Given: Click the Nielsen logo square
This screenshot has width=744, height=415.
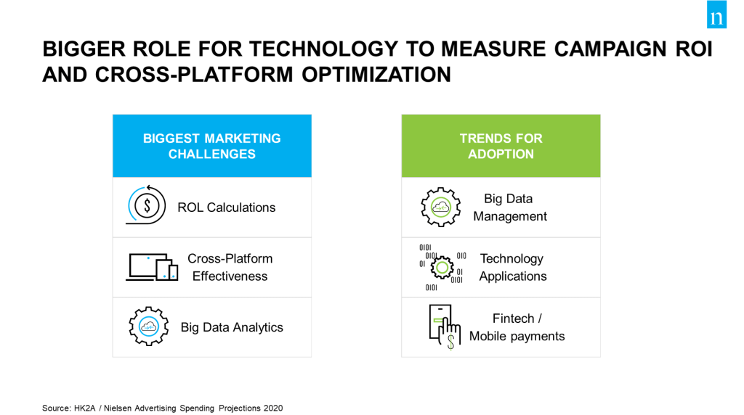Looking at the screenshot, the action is point(716,15).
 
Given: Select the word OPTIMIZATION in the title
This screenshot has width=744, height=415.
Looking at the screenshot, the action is point(376,75).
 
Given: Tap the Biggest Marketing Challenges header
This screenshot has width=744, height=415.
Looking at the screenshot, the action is point(212,146).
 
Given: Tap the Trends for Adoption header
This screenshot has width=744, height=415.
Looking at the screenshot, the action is point(501,146).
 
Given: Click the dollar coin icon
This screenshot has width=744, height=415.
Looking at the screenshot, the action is point(147,205).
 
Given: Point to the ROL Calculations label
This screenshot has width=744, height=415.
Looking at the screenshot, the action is point(227,207).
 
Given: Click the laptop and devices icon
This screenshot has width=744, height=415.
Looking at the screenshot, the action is point(152,267).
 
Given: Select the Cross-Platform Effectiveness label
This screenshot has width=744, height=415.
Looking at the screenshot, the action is point(230,267).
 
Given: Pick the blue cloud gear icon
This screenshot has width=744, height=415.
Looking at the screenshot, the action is point(148,326).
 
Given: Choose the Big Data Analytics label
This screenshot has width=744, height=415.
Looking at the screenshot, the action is point(232,327).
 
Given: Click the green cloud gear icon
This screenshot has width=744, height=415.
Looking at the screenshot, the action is point(441,207).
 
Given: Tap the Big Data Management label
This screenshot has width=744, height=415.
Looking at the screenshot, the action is point(510,207).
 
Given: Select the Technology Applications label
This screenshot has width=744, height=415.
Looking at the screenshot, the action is point(513,267).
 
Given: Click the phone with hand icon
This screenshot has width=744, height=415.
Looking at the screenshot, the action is point(445,327).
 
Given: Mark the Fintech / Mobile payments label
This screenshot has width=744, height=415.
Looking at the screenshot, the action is point(517,327).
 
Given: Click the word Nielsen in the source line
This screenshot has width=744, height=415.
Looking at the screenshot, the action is point(118,408).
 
